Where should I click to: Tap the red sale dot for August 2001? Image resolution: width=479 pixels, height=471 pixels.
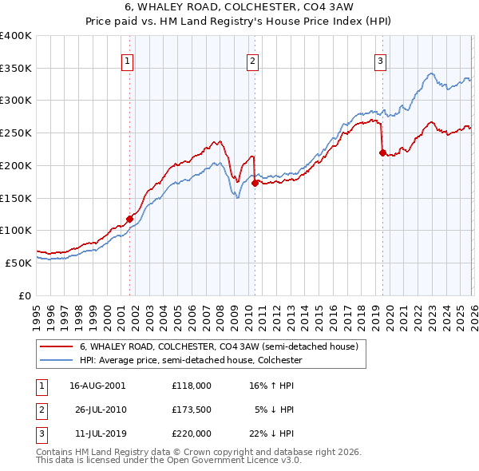(129, 218)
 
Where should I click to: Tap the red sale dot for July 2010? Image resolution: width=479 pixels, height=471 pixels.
(255, 182)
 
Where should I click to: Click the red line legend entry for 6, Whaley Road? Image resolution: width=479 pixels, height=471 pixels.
(223, 346)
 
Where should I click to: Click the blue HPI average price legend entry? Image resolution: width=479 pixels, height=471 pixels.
(191, 360)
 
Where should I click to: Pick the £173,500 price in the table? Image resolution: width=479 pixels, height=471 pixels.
(191, 410)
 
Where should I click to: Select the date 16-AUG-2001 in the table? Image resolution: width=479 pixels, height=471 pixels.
(97, 385)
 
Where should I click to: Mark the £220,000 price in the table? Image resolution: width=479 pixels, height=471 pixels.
(191, 433)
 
